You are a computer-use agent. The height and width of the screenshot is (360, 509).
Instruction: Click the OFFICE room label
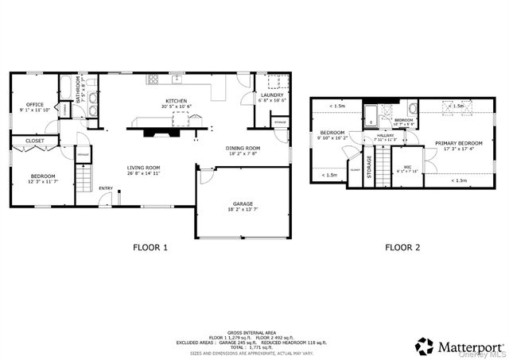(x=34, y=104)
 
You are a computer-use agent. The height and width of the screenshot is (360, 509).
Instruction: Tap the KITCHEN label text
(x=176, y=101)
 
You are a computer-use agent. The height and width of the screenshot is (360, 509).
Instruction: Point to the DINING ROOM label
(x=243, y=148)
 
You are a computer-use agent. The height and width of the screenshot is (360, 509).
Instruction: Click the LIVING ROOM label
(x=144, y=168)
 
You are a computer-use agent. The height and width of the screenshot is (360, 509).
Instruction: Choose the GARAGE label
(x=243, y=203)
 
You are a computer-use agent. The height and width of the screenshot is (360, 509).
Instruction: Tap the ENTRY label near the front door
(x=105, y=188)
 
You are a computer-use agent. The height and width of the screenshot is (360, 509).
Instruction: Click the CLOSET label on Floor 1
(x=34, y=141)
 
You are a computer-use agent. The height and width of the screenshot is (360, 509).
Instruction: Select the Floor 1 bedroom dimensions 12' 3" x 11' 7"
(x=43, y=182)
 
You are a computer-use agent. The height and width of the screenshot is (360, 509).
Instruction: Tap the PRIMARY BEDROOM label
(x=453, y=143)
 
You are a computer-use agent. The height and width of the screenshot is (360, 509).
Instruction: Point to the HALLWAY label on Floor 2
(x=385, y=135)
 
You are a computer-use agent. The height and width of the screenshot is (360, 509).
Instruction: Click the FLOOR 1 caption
(x=150, y=247)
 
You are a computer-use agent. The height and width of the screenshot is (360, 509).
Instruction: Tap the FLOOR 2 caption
(x=402, y=247)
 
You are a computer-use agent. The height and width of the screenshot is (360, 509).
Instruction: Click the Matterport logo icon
(x=424, y=346)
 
